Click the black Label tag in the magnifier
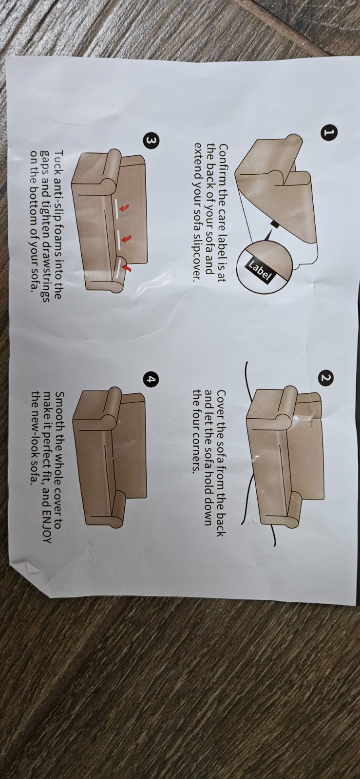point(259,270)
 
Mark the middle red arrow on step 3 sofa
point(127,238)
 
